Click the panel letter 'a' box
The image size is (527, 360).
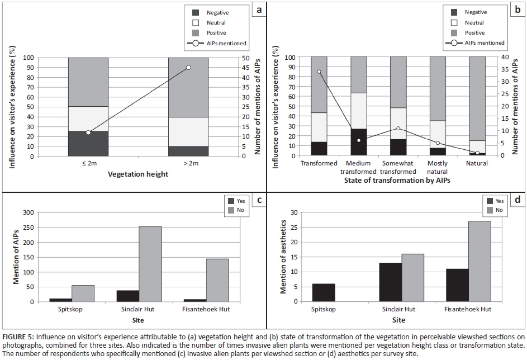[258, 10]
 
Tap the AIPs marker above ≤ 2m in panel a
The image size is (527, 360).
[88, 132]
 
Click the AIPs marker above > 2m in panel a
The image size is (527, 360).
[188, 67]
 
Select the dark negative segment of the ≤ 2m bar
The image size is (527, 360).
[88, 144]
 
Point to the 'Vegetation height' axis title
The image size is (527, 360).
[138, 174]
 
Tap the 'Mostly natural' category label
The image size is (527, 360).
[438, 167]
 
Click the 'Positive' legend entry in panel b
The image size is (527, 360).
[469, 33]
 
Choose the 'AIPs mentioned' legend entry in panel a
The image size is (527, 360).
[217, 43]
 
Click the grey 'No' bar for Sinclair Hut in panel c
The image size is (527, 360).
[150, 264]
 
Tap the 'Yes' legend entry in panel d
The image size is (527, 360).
[496, 201]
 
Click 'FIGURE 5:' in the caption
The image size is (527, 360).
[18, 337]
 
